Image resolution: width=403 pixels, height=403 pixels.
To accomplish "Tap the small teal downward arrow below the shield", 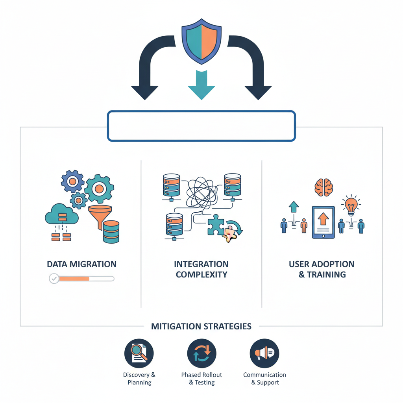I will point(201,86).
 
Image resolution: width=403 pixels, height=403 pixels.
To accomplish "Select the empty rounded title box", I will point(201,126).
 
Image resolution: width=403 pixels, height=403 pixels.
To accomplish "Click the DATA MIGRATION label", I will point(81,264).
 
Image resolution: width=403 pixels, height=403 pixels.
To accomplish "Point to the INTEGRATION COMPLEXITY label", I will point(201,269).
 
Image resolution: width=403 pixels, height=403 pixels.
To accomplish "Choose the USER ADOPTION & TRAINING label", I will point(322,269).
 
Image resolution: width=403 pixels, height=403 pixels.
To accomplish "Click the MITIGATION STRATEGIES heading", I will point(201,326).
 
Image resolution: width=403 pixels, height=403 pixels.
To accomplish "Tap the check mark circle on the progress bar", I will point(54,279).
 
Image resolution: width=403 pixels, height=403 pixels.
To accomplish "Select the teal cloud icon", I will point(61,214).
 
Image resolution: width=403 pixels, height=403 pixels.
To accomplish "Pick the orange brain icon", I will point(324,186).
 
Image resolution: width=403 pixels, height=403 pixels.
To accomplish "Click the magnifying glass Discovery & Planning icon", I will point(139,353).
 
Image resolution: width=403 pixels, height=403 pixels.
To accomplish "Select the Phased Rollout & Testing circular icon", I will point(201,353).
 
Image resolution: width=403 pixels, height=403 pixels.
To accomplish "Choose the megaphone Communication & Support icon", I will point(264,353).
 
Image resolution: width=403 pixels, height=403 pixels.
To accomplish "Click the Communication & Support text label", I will point(264,379).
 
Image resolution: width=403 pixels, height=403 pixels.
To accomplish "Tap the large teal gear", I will point(99,189).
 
